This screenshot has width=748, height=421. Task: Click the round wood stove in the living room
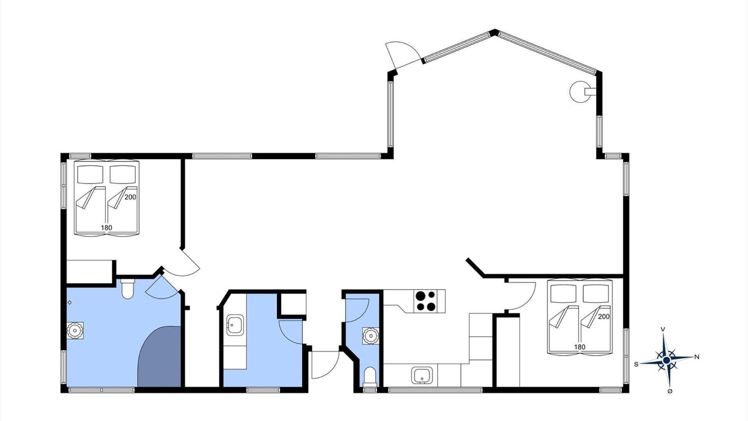pos(580,92)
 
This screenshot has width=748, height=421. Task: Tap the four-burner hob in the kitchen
pos(425,301)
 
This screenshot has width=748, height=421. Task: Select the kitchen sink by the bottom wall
pos(422,375)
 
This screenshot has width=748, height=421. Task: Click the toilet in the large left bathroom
pos(127,288)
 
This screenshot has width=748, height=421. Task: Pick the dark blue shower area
pos(160,357)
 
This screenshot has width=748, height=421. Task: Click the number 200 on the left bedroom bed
pos(130,197)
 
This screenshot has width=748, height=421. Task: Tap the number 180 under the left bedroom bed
pos(106,228)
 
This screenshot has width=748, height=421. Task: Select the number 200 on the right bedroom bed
pos(604,316)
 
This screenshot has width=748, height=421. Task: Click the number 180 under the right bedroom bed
pos(580,347)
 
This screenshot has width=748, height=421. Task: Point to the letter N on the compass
pos(697,357)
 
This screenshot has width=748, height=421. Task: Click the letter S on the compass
pos(636,364)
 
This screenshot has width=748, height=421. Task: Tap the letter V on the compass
pos(663,329)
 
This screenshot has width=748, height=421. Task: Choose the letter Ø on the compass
pos(670,391)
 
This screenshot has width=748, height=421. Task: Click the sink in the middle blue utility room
pos(235,325)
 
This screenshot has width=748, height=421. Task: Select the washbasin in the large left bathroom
pos(75,331)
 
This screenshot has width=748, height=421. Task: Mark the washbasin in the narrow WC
pos(370,336)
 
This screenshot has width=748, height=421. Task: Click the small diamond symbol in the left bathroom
pos(70,303)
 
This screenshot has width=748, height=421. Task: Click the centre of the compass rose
pos(667,360)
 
